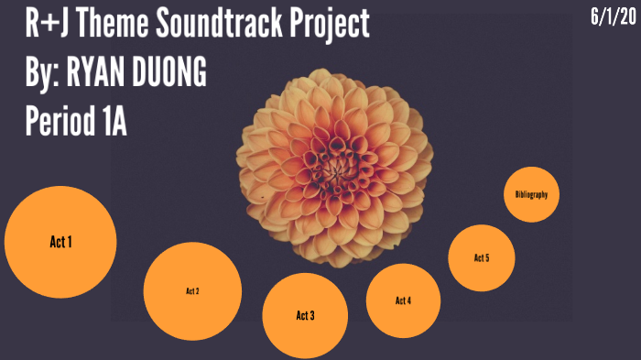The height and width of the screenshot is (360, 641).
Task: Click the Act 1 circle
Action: coord(60,242)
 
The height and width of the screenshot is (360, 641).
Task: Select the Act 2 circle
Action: coord(192,290)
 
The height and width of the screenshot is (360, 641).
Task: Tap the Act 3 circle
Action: coord(305,315)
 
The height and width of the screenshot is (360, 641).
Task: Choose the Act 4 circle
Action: coord(403,300)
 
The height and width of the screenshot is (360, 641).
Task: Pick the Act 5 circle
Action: coord(482,257)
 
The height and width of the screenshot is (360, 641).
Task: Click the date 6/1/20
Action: coord(611,16)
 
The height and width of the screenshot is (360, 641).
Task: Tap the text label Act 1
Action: coord(60,242)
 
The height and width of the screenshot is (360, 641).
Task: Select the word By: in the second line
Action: coord(43,72)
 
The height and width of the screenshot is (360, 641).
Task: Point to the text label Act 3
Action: coord(305,316)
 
